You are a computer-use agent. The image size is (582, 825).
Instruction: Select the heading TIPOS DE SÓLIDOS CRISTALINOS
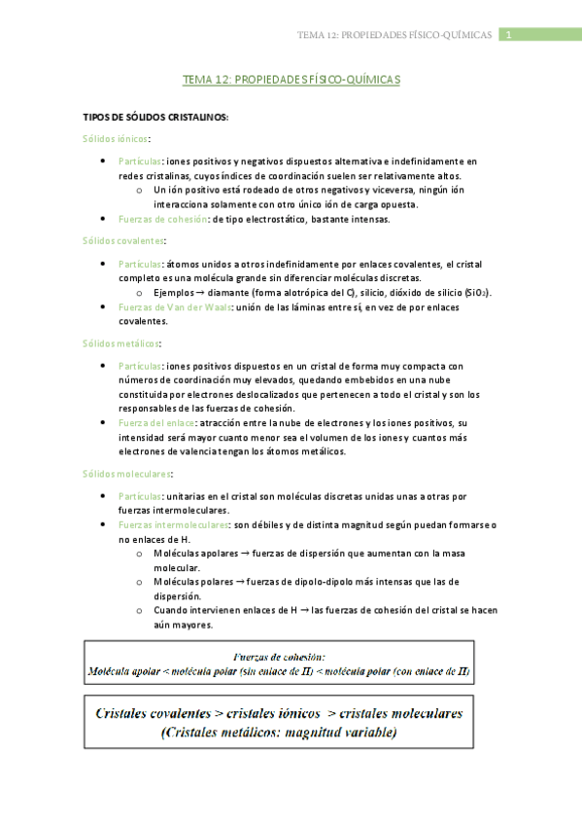pos(155,118)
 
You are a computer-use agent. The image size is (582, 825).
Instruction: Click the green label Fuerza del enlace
pos(156,423)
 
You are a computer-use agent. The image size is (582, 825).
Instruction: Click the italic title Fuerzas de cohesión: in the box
pos(279,656)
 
